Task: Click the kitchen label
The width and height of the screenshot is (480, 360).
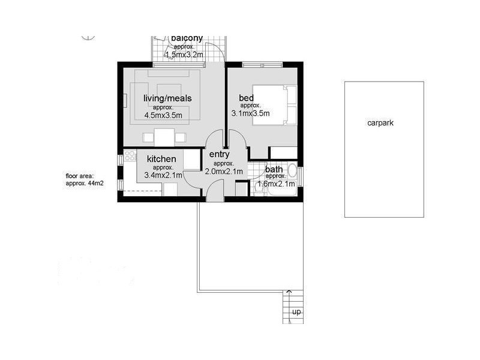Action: [161, 159]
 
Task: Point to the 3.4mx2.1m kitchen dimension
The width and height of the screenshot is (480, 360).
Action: [163, 176]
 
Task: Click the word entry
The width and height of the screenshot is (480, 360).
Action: [219, 155]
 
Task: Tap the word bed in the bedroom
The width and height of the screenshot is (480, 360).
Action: [246, 98]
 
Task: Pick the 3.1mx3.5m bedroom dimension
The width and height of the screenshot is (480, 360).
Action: [250, 113]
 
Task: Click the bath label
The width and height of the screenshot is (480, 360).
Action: [274, 169]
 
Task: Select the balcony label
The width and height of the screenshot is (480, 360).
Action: [187, 38]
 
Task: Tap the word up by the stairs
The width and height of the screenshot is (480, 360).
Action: [296, 312]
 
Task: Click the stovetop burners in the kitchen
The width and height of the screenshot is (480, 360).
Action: [129, 158]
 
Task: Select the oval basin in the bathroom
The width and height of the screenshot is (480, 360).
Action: [292, 172]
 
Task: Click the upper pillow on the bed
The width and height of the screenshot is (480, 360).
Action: [291, 94]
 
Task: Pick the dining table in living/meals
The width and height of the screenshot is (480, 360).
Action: [164, 136]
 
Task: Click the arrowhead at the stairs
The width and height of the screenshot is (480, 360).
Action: [289, 292]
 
